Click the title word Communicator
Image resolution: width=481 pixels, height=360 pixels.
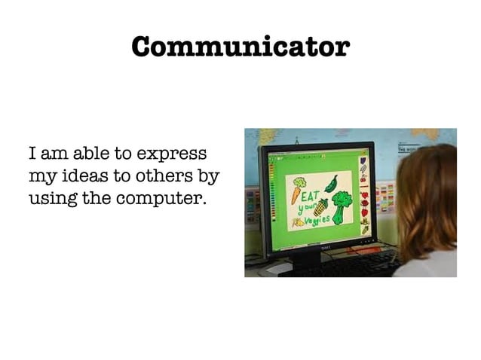tap(240, 46)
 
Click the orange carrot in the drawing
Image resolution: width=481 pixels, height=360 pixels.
tap(296, 194)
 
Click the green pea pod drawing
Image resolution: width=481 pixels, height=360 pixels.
tap(330, 184)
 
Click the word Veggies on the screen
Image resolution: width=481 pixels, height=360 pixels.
tap(317, 220)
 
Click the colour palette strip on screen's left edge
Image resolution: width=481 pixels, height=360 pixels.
tap(273, 200)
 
